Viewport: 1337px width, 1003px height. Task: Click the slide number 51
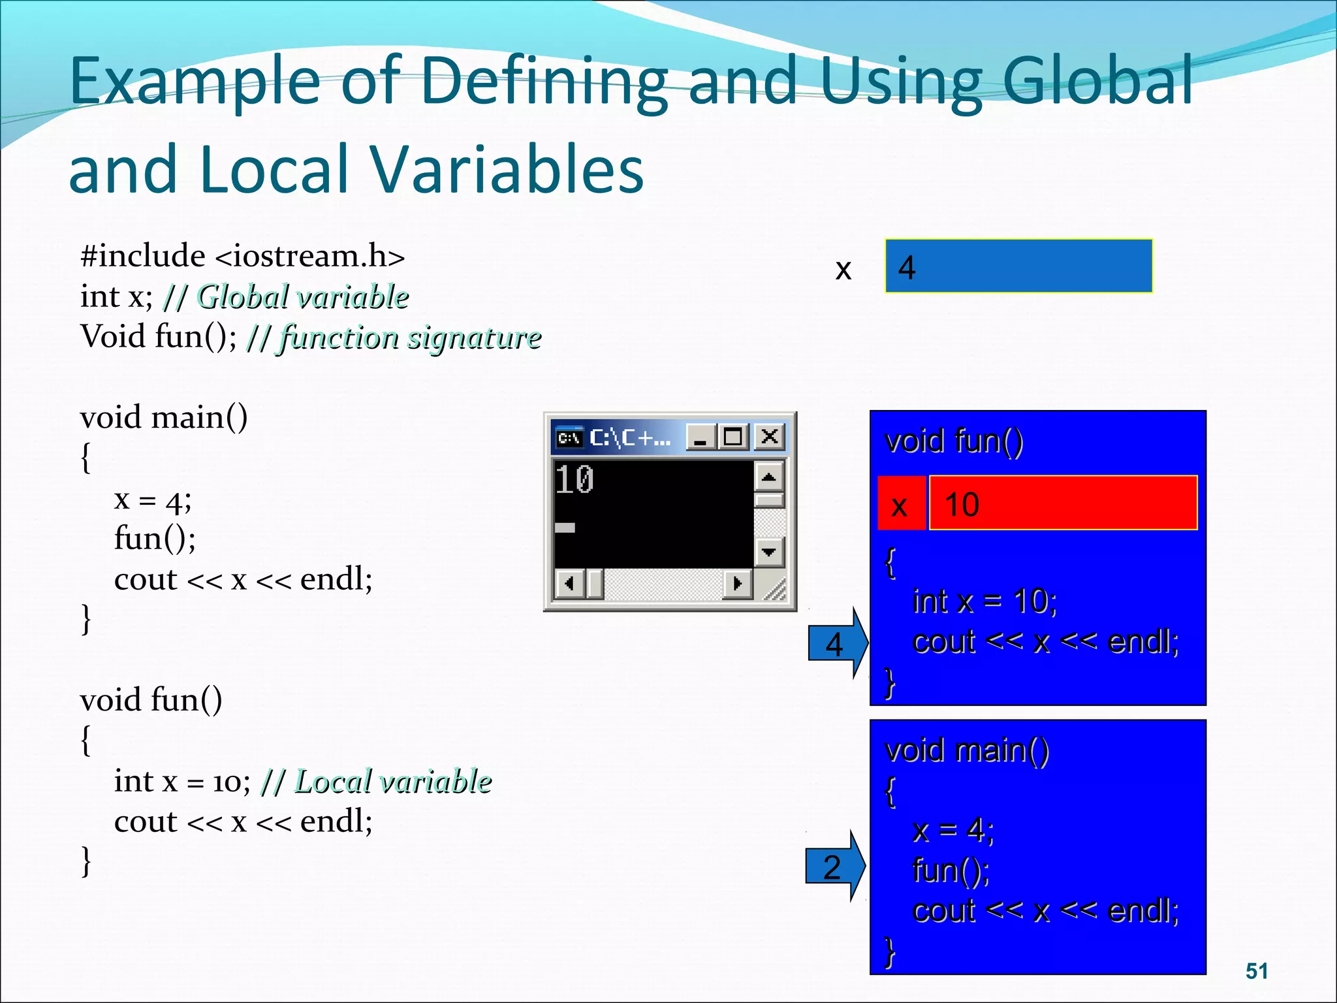[x=1256, y=970]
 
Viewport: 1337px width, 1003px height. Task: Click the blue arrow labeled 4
[x=836, y=644]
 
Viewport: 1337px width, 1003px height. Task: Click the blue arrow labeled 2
[x=834, y=867]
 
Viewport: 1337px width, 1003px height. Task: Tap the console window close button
[x=770, y=436]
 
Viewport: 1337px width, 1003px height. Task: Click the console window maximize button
[x=733, y=436]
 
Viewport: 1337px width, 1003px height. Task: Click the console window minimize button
[x=700, y=436]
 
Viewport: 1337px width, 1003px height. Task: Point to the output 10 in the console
[x=574, y=480]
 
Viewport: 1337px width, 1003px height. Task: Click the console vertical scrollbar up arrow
[x=769, y=477]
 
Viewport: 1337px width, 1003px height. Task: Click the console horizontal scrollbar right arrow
[x=738, y=582]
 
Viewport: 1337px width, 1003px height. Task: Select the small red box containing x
[x=900, y=504]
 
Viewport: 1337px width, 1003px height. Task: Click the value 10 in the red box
[x=962, y=504]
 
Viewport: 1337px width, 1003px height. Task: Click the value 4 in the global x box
[x=907, y=267]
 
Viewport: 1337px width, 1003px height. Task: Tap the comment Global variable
[x=303, y=297]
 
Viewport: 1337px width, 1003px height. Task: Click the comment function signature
[x=410, y=338]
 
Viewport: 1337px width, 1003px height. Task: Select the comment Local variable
[x=392, y=781]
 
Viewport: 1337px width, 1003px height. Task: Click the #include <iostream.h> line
[x=242, y=255]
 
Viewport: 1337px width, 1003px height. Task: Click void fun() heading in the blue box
[x=954, y=441]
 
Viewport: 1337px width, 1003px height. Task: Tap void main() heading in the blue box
[x=966, y=750]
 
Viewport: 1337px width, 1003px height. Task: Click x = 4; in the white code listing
[x=153, y=500]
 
